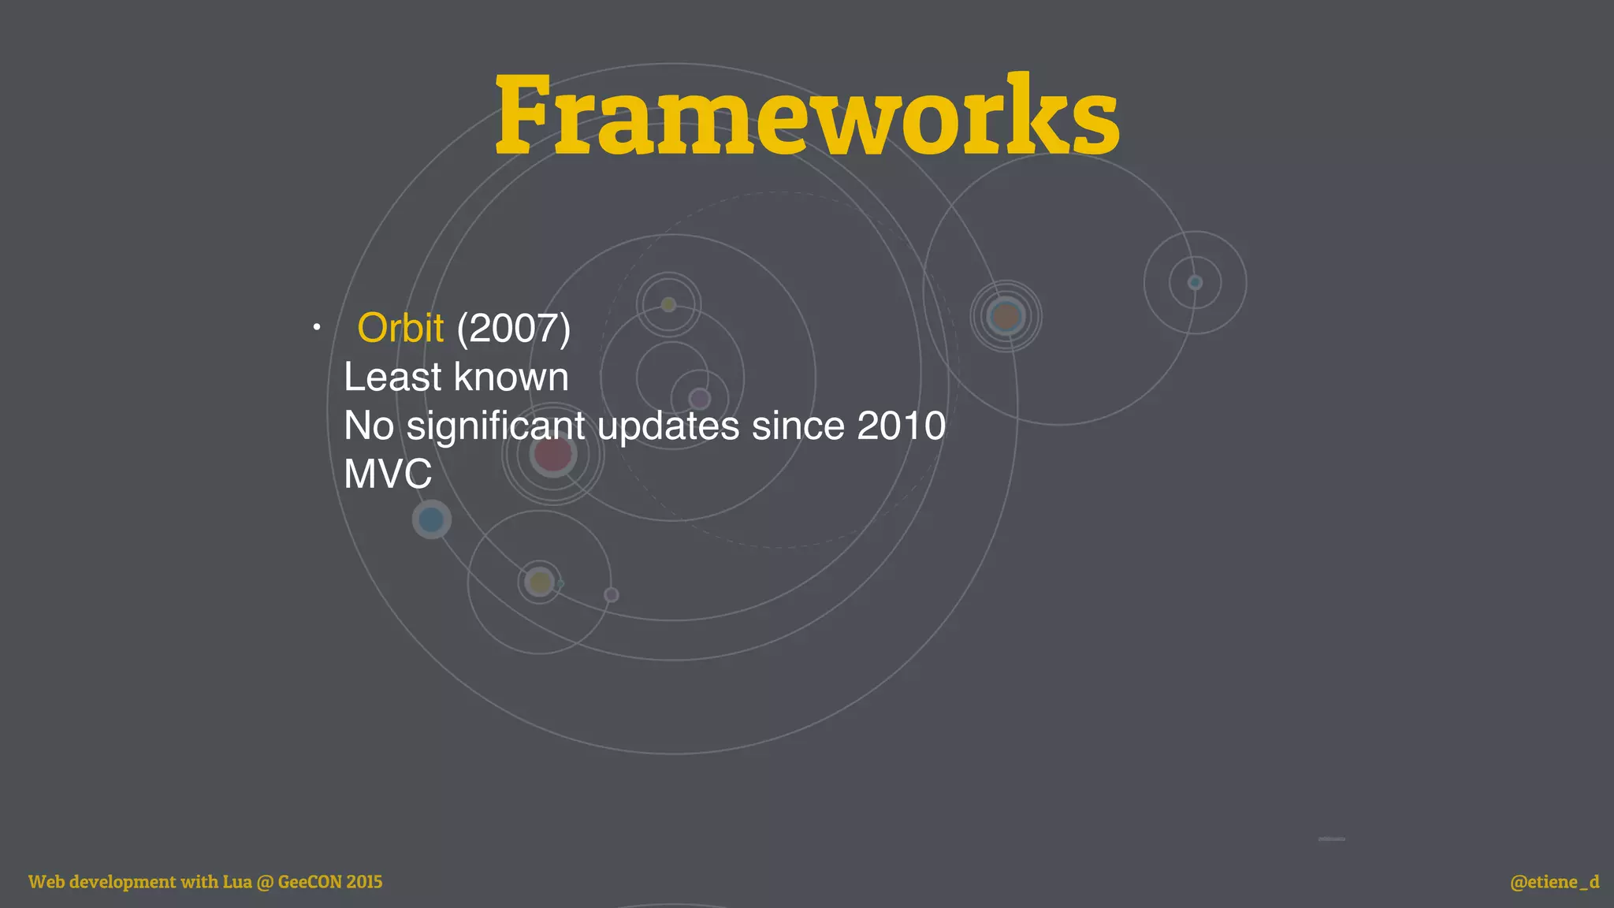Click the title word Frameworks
807,117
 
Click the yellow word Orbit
400,328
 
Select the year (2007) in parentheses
514,328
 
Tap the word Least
392,377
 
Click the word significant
495,426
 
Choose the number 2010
901,426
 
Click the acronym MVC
388,474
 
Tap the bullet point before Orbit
316,327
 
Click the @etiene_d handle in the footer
1554,881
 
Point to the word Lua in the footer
237,881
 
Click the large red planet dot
552,455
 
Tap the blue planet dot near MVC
431,519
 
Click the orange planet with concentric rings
1006,316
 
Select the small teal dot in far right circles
1195,282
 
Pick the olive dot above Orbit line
668,304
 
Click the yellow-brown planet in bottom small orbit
540,582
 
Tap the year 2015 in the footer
364,881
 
